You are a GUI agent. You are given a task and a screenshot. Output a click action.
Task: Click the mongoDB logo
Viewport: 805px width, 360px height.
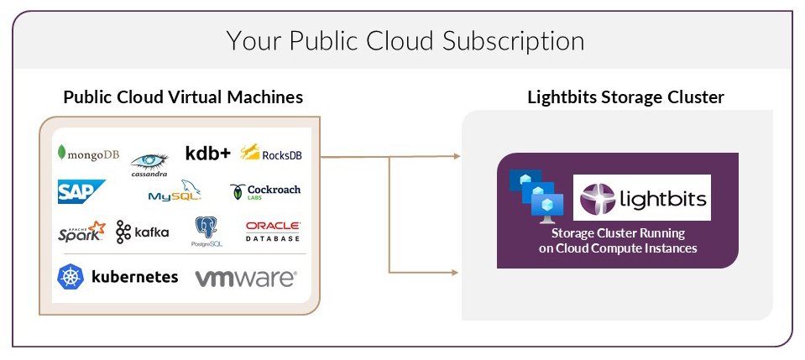click(88, 153)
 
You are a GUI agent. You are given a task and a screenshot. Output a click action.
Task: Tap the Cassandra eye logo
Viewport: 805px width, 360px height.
click(149, 162)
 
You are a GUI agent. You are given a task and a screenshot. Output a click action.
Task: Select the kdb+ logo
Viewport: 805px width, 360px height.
click(207, 153)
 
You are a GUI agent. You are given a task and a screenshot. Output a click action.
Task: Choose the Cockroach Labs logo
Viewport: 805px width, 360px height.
click(265, 192)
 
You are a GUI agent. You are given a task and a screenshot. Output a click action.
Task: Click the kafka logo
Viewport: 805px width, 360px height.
click(143, 232)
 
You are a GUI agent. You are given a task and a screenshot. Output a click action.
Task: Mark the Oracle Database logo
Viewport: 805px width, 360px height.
click(273, 232)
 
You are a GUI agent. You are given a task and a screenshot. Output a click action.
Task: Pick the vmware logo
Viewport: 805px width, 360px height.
click(245, 278)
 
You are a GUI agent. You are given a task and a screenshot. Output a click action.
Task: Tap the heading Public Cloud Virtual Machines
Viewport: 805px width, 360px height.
click(183, 97)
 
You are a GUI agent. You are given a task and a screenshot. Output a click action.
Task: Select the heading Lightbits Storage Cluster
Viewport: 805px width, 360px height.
click(625, 97)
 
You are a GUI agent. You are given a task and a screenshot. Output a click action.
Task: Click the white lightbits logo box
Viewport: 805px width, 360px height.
click(641, 197)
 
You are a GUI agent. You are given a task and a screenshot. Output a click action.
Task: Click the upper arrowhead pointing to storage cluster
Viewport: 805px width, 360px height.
click(457, 156)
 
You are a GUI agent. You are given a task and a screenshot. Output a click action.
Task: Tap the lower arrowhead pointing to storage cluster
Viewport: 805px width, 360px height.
click(457, 272)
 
